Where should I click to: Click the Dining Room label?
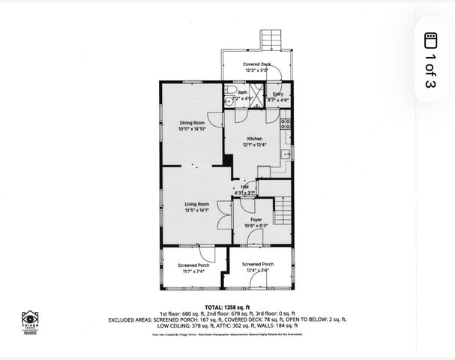pyautogui.click(x=191, y=122)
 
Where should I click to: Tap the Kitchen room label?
pyautogui.click(x=255, y=139)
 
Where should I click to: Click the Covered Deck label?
pyautogui.click(x=256, y=64)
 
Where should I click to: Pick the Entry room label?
pyautogui.click(x=278, y=94)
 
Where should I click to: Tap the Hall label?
pyautogui.click(x=244, y=187)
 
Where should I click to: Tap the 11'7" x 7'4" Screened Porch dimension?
pyautogui.click(x=193, y=271)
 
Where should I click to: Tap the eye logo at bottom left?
pyautogui.click(x=30, y=318)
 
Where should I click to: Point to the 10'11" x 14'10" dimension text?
pyautogui.click(x=191, y=129)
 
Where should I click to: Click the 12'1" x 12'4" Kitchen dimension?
pyautogui.click(x=255, y=145)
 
